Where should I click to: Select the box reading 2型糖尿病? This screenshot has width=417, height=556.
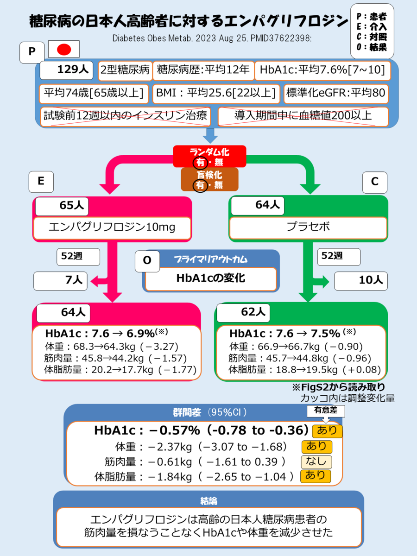pyautogui.click(x=125, y=70)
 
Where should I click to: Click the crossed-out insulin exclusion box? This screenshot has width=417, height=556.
pyautogui.click(x=125, y=116)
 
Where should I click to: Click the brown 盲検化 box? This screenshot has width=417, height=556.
pyautogui.click(x=209, y=179)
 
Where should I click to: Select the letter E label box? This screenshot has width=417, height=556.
pyautogui.click(x=41, y=182)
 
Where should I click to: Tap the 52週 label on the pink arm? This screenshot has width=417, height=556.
pyautogui.click(x=78, y=256)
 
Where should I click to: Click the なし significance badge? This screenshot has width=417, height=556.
pyautogui.click(x=316, y=461)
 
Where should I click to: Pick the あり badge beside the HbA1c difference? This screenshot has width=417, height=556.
pyautogui.click(x=328, y=431)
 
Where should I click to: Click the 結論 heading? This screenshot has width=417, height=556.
pyautogui.click(x=208, y=500)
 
